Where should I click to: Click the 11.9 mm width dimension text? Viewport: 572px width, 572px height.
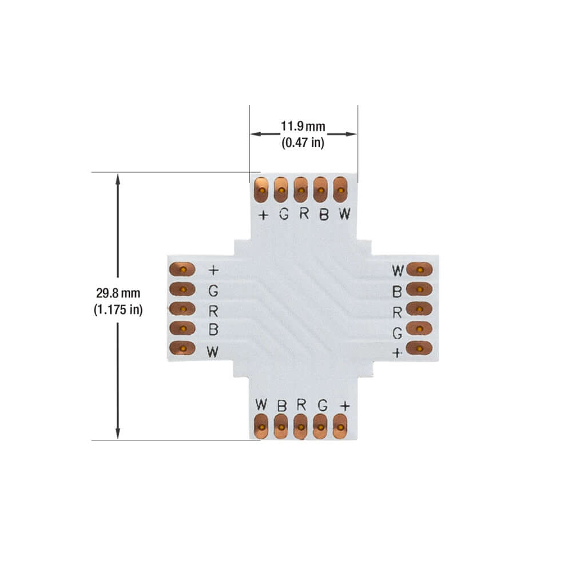coord(303,126)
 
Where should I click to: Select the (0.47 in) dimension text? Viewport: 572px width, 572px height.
coord(303,143)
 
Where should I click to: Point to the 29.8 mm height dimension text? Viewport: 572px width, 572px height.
coord(118,293)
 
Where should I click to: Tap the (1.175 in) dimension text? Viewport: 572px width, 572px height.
coord(118,310)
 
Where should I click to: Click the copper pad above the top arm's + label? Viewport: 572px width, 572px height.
coord(261,190)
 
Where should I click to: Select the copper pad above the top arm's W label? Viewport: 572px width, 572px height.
coord(341,190)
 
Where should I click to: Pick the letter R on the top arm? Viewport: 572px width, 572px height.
coord(304,214)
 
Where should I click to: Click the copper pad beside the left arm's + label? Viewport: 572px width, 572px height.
coord(182,269)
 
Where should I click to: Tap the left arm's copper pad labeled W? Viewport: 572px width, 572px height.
coord(182,348)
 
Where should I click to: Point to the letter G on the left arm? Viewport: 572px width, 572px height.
coord(213,291)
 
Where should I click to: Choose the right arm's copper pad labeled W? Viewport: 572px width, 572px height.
coord(419,269)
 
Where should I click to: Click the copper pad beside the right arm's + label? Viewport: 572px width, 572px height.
coord(419,348)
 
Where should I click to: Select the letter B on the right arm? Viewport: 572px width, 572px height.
coord(396,292)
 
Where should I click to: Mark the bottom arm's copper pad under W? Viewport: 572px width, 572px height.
coord(261,427)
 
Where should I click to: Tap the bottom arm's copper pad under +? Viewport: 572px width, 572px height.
coord(341,427)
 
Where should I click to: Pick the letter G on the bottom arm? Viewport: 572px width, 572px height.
coord(323,405)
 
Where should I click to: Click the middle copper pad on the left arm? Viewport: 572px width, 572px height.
coord(182,309)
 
